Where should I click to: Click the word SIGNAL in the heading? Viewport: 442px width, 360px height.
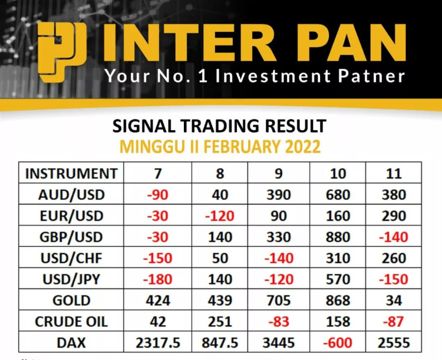144,125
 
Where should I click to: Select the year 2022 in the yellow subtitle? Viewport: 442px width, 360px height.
303,147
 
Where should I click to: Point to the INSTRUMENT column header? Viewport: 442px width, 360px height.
71,173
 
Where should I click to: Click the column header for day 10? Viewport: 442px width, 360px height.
338,173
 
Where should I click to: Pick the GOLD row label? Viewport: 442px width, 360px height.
71,300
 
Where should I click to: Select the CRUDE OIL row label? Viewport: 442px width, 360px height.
71,322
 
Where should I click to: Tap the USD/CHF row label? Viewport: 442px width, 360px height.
71,258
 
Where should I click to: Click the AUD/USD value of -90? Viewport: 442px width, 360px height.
157,195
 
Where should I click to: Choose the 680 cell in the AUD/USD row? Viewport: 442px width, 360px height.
338,195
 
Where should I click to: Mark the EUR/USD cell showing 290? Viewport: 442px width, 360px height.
394,216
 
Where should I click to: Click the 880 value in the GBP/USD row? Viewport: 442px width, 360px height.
338,237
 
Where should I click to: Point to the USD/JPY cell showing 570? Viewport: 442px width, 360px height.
338,279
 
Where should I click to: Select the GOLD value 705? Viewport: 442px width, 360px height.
279,300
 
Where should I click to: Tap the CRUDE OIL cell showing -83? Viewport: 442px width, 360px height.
279,322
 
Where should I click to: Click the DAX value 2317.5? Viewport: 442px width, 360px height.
157,343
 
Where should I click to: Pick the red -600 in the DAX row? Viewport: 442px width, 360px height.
338,343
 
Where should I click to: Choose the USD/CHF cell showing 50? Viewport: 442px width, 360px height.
220,258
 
